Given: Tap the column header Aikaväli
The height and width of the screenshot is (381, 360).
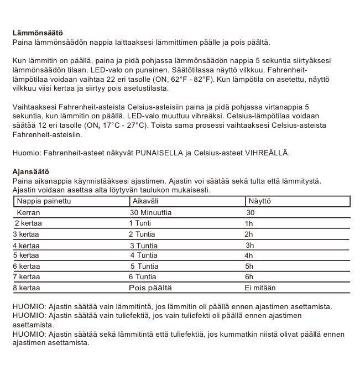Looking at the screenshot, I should coord(143,202).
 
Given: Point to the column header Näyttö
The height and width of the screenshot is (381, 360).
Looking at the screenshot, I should coord(259,202).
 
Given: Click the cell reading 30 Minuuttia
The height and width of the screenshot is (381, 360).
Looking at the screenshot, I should coord(150,213).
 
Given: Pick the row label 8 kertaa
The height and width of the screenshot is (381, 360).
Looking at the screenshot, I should coord(26,288).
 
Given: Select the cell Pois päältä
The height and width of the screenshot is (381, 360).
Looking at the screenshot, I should coord(150,288).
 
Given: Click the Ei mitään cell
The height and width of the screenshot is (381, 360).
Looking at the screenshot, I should coord(260,288).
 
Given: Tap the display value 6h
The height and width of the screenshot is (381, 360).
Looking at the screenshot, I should coord(249,277).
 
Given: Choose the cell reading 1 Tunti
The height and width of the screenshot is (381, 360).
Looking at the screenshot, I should coord(142,223).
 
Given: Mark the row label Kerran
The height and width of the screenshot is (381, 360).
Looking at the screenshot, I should coord(28,213).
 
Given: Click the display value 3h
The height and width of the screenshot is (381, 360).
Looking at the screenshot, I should coord(249,245).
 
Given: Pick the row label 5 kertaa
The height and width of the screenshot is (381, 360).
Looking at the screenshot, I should coord(26,255).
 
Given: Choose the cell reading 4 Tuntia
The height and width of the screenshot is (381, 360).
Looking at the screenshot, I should coord(144,255).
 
